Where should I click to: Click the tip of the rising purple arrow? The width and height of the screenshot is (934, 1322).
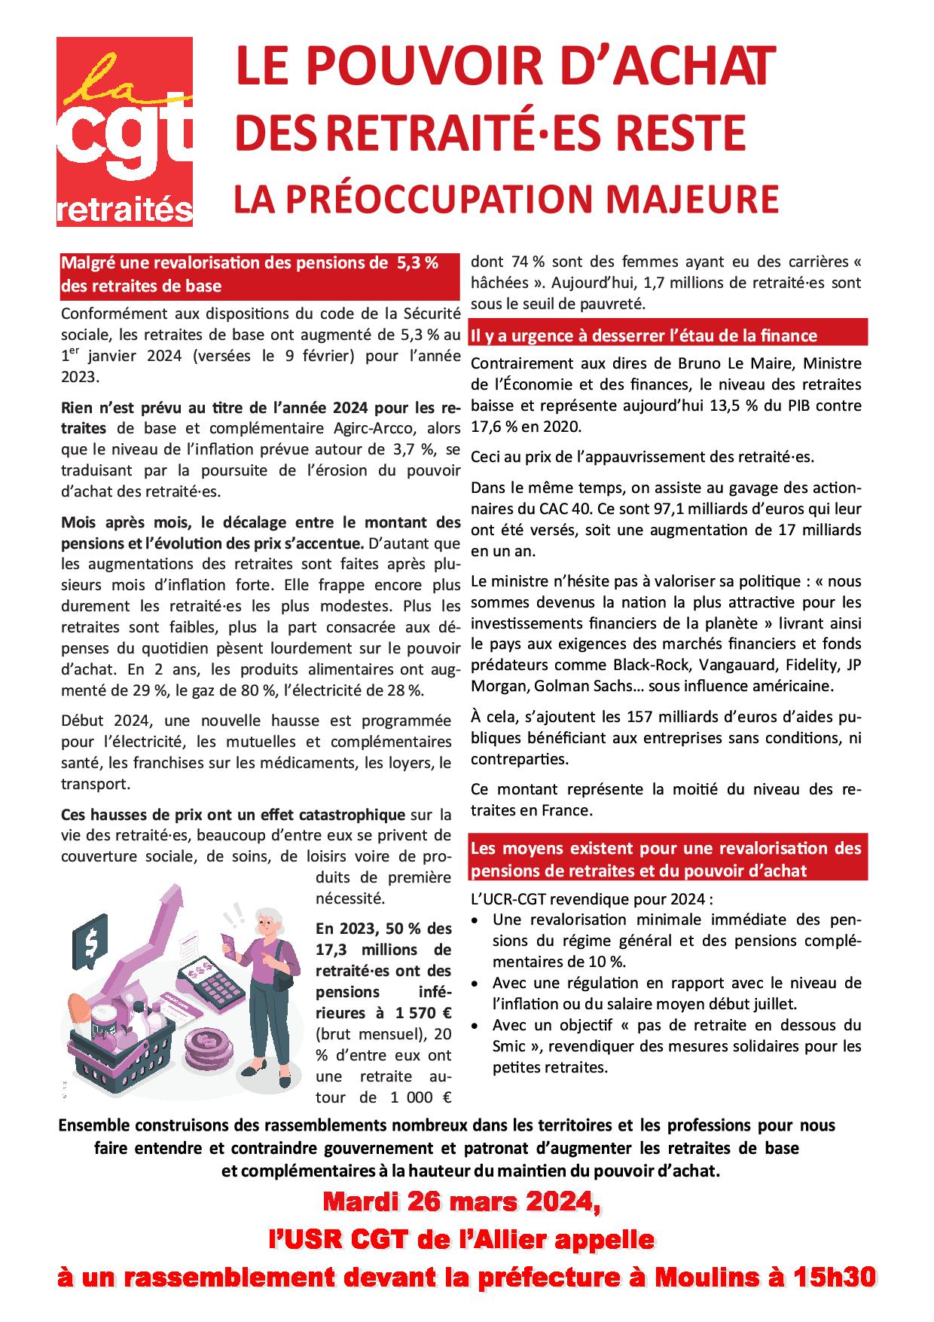181,894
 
